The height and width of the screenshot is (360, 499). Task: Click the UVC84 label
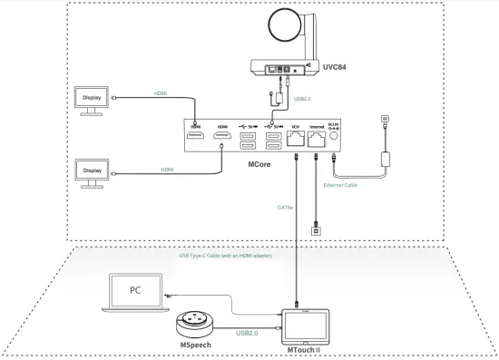point(335,67)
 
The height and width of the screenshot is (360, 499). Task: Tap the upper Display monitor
point(93,101)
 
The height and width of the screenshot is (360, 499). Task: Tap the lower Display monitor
point(93,173)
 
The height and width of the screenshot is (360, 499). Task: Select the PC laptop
point(133,291)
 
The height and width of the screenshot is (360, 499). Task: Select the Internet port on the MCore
point(317,139)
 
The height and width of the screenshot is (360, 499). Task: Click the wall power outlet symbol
point(384,118)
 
